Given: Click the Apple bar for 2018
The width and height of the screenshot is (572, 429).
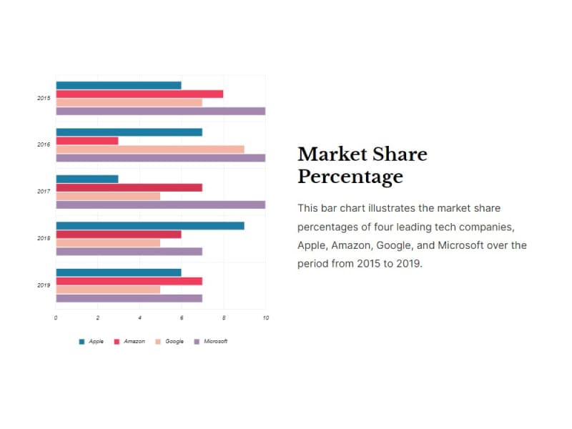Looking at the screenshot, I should (x=150, y=226).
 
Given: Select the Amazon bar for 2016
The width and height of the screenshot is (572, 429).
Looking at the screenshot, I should (x=87, y=141).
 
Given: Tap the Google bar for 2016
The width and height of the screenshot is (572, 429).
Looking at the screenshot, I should (x=150, y=149).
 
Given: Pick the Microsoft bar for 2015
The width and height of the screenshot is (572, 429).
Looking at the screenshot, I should (x=161, y=111).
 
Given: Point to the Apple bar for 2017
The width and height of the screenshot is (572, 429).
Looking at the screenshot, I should (x=87, y=179).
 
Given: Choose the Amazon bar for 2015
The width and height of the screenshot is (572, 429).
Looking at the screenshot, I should (x=139, y=94).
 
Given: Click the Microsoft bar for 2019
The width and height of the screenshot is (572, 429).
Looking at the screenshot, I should (x=129, y=298).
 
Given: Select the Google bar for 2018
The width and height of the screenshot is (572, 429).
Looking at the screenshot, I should (x=108, y=243).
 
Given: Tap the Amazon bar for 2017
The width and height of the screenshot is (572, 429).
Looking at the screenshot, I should (x=129, y=187).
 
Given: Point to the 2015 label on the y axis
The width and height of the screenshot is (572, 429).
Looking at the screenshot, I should (x=44, y=98).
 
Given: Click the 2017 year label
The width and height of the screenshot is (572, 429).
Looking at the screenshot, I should (x=44, y=192).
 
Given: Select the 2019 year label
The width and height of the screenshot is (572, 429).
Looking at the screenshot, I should (x=44, y=285).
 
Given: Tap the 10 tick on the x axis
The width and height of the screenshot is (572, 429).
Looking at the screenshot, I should (x=266, y=317).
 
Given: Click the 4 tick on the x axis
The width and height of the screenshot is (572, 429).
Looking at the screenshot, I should (x=140, y=317).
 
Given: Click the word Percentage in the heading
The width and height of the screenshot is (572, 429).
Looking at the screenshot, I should (x=350, y=177).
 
